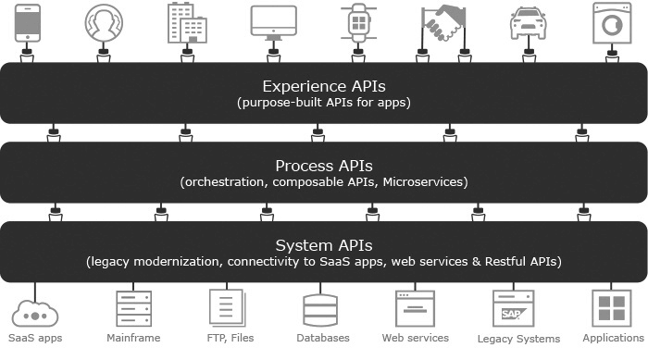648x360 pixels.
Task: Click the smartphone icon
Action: pos(28,23)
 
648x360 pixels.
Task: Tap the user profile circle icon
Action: pos(104,23)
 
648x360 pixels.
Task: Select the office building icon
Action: pos(187,23)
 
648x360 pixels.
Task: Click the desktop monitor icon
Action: pos(274,23)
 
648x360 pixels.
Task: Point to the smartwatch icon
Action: pos(358,23)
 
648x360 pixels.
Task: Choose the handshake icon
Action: pos(443,23)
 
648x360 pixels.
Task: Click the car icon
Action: pos(529,23)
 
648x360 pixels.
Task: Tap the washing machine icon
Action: pos(612,23)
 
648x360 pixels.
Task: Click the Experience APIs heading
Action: pos(324,86)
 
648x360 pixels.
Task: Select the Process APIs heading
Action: pos(324,167)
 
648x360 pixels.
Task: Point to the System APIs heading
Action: pos(324,245)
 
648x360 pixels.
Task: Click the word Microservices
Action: pos(423,182)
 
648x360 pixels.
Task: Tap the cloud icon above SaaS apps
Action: pos(35,314)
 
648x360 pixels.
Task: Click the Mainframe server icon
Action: pos(134,308)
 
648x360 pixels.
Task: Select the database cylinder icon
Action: pos(320,310)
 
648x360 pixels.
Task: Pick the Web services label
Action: pos(416,338)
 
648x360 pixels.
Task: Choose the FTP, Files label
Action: pos(231,338)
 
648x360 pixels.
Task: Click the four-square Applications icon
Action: pos(612,308)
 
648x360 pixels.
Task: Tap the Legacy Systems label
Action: pos(518,339)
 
